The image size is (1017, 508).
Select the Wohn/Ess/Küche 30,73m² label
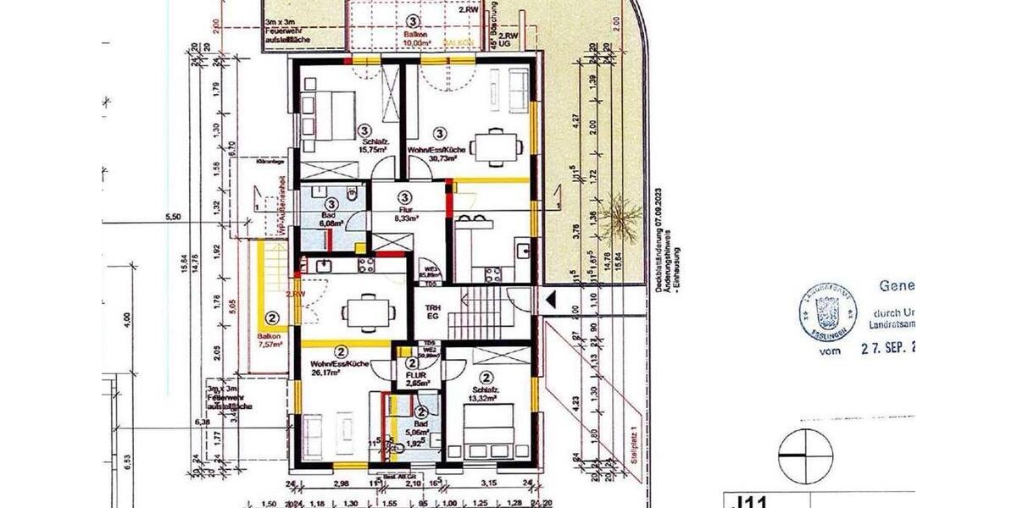coord(437,152)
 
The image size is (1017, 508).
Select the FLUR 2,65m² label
coord(415,378)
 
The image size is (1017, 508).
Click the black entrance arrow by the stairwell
coord(550,298)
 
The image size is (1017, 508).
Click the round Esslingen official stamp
coord(827,312)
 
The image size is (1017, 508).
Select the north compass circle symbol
coord(804,454)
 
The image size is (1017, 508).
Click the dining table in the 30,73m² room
coord(497,146)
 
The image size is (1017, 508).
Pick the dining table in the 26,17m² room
coord(368,312)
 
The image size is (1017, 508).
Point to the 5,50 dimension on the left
coord(173,218)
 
